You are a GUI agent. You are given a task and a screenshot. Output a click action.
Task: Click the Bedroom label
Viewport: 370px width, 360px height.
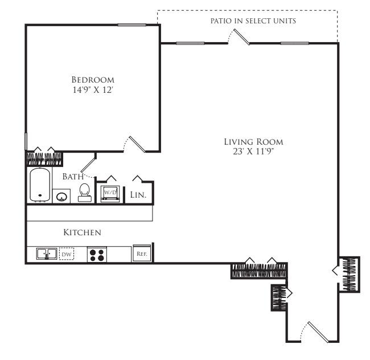click(93, 80)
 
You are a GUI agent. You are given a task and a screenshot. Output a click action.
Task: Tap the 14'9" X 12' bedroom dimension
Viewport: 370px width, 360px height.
click(92, 90)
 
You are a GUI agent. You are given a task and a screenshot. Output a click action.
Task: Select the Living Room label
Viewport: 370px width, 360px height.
click(253, 142)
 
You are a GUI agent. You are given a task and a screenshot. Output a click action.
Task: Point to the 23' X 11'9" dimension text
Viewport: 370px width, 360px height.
click(253, 152)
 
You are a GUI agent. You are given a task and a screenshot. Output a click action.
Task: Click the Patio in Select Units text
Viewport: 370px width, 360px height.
click(253, 21)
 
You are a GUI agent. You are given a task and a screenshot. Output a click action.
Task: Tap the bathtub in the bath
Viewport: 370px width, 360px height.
click(40, 185)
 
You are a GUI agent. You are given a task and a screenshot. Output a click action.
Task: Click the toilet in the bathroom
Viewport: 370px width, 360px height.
click(85, 193)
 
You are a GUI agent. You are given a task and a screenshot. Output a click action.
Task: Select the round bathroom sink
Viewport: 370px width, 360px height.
click(61, 196)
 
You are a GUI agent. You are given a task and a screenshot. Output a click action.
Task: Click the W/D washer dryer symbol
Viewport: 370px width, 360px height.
click(110, 194)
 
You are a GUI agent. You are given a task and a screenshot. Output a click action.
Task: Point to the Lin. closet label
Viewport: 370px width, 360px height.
click(138, 195)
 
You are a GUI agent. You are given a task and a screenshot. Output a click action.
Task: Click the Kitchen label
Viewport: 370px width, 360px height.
click(83, 232)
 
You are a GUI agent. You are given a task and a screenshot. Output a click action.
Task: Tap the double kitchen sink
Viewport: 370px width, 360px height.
click(47, 254)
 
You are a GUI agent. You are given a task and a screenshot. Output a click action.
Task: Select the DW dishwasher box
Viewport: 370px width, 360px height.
click(67, 254)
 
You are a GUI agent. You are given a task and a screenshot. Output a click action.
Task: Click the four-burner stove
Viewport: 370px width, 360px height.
click(97, 255)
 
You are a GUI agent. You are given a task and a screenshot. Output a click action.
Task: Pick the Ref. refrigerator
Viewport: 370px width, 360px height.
click(142, 253)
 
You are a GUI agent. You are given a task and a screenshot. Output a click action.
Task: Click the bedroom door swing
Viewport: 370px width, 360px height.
click(134, 144)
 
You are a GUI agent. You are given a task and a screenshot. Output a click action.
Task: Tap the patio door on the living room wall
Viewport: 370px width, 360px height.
click(239, 36)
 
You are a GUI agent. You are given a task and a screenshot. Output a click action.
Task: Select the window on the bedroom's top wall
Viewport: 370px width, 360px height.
click(132, 25)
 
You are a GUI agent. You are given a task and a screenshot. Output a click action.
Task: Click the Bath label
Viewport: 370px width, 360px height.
click(73, 177)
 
